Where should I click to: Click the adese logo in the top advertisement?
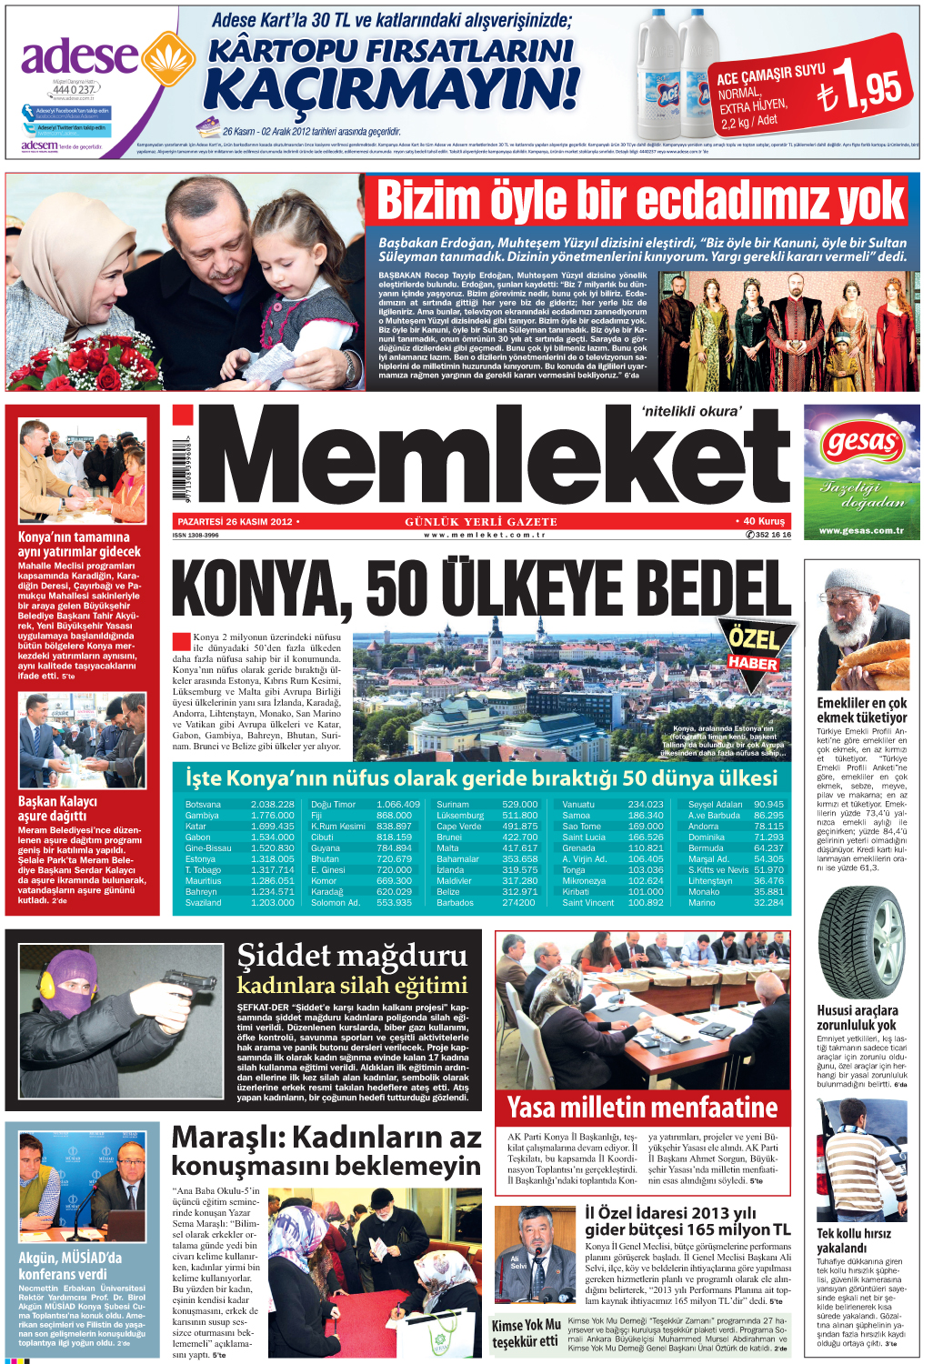coord(80,56)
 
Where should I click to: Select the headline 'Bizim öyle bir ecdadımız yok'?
coord(640,201)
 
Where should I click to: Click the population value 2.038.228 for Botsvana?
coord(273,805)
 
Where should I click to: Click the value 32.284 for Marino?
coord(768,903)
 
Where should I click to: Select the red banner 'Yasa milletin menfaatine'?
coord(642,1108)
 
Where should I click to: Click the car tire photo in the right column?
coord(859,943)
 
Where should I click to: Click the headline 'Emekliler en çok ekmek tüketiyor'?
coord(861,710)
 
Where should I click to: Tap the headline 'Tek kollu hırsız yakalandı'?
coord(853,1240)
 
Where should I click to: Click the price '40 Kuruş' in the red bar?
coord(763,522)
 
